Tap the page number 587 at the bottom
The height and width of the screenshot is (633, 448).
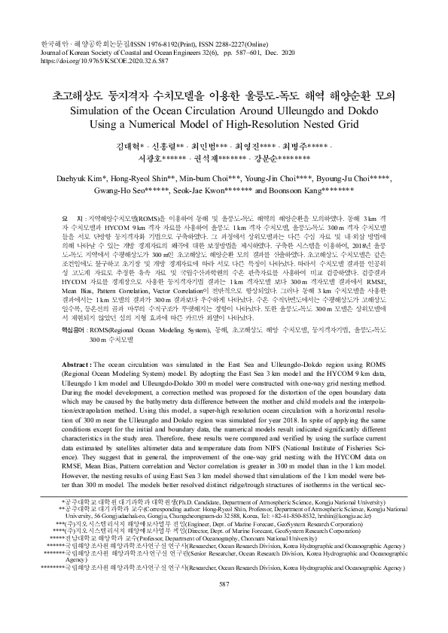[224, 606]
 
